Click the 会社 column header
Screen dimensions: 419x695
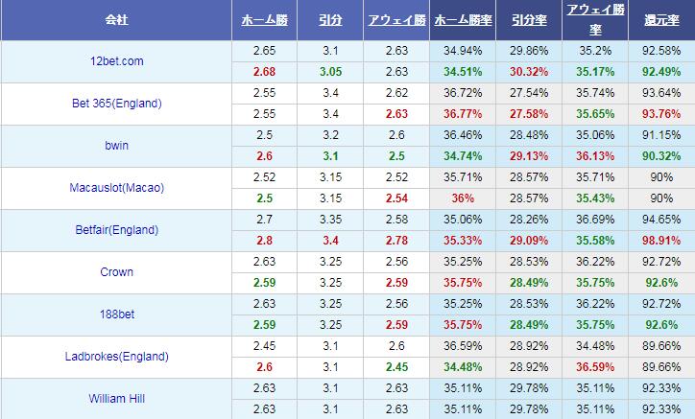(x=115, y=20)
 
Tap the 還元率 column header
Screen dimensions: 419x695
(x=661, y=20)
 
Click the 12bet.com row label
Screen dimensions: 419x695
(x=115, y=61)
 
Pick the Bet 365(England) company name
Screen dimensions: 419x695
(x=115, y=104)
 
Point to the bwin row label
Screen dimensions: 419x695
(x=115, y=146)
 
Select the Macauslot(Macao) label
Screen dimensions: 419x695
(x=115, y=188)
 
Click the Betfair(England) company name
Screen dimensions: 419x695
(x=115, y=230)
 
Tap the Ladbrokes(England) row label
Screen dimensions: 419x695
(x=115, y=357)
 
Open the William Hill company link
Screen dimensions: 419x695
(x=115, y=399)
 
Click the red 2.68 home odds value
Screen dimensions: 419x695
(x=264, y=71)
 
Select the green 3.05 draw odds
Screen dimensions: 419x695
(x=329, y=71)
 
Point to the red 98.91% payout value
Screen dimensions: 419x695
(x=661, y=240)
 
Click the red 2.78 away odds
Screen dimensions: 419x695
(x=395, y=240)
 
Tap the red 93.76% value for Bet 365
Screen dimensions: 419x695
(x=661, y=113)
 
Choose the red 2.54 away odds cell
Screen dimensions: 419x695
(x=395, y=198)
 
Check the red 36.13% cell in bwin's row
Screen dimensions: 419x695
(x=594, y=155)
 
